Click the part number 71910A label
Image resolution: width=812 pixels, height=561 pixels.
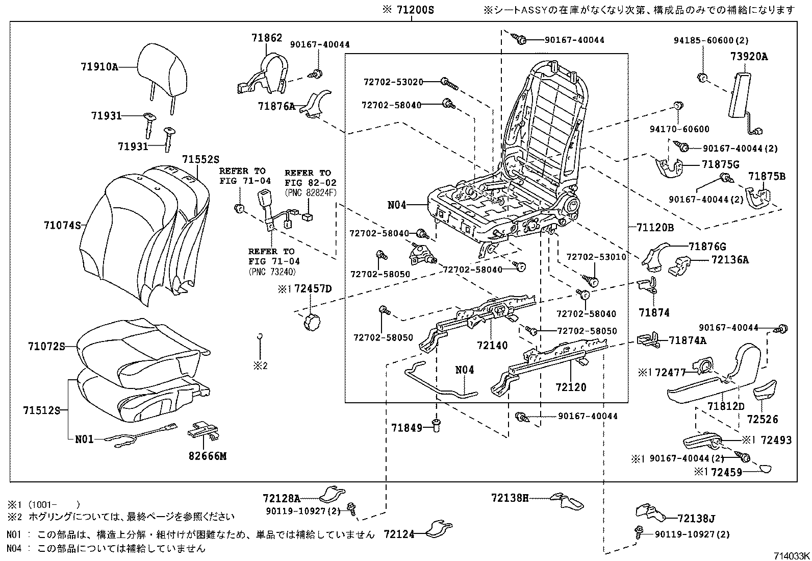pos(99,66)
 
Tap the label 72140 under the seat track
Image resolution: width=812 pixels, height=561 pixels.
pos(492,346)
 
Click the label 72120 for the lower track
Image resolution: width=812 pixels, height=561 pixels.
pos(571,387)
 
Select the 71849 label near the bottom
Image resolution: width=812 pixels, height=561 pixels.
pos(407,427)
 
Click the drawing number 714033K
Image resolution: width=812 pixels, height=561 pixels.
pos(791,556)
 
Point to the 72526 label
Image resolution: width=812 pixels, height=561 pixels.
pos(763,420)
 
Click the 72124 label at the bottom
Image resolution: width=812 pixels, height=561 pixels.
pos(399,534)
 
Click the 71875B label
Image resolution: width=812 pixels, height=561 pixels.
pos(767,177)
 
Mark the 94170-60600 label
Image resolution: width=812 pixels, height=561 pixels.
pos(687,129)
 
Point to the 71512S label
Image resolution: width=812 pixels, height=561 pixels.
pos(41,410)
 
